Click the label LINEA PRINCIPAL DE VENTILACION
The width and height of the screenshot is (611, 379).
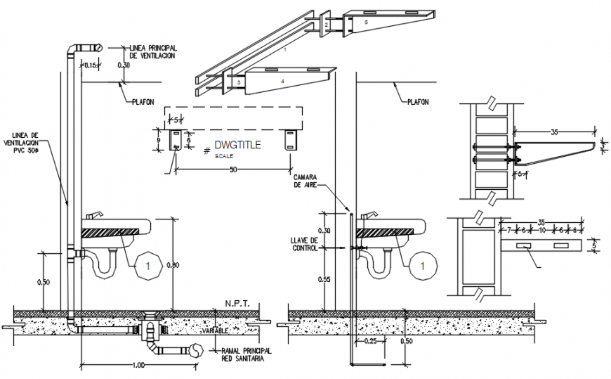tap(152, 51)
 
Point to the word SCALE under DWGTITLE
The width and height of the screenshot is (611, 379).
tap(225, 156)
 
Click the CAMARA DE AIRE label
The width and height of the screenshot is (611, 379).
tap(306, 181)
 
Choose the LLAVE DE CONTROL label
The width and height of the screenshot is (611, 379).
tap(305, 243)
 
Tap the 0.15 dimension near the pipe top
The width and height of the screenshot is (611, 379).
tap(90, 65)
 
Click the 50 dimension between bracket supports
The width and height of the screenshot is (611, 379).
tap(232, 170)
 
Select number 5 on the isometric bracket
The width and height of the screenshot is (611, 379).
tap(366, 23)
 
